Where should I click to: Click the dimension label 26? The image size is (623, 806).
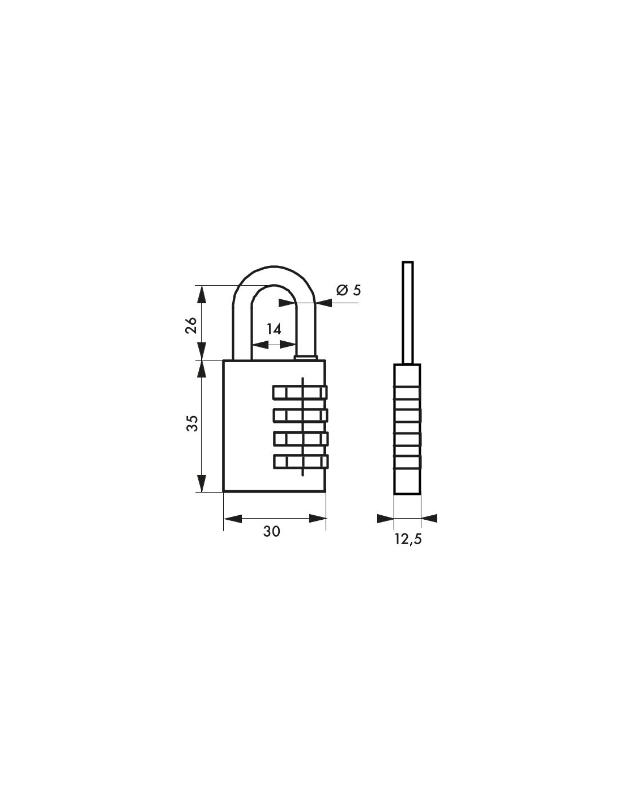(191, 325)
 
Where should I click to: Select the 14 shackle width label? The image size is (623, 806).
(274, 329)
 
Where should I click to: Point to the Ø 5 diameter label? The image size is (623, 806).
(348, 290)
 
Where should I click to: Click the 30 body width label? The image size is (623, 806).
(272, 532)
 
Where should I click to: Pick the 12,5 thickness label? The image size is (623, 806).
(408, 539)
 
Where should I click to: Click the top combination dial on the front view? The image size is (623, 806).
(300, 392)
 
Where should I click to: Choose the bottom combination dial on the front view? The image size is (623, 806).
(301, 461)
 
